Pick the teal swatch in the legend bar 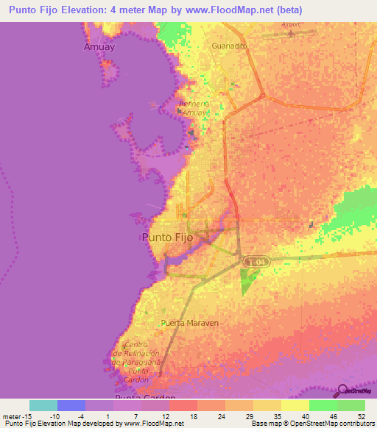[x=43, y=405]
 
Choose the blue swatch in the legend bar [x=71, y=405]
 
